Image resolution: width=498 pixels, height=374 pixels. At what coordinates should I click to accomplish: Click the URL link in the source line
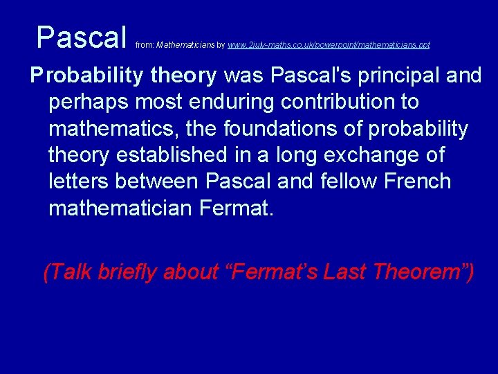click(329, 45)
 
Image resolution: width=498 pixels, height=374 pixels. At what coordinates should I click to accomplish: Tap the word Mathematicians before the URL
click(185, 45)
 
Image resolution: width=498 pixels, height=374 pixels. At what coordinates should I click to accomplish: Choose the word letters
click(79, 181)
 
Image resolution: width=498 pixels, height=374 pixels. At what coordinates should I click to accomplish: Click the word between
click(158, 181)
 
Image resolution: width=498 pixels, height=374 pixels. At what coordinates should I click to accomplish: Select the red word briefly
click(129, 272)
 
